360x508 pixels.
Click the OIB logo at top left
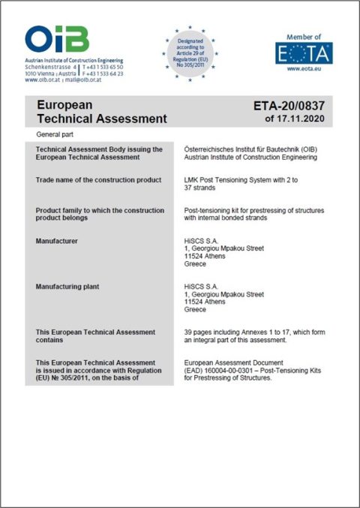pos(57,39)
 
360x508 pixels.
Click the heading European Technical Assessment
pos(101,112)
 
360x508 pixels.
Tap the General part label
pos(55,134)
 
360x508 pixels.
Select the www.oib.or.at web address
pos(43,80)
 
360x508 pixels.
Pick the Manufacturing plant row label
pos(68,287)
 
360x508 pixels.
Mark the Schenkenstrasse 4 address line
pos(49,67)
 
